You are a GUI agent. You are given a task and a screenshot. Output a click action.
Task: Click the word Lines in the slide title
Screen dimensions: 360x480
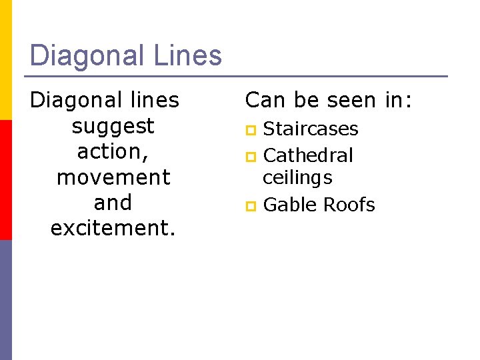point(188,55)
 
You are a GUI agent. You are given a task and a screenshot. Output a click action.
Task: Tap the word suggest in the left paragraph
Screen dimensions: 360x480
point(113,126)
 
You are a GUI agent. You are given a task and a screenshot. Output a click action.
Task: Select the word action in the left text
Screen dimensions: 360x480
point(111,152)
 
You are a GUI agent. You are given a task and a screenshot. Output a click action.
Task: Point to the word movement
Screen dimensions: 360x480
point(113,177)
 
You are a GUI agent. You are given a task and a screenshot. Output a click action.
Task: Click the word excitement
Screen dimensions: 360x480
point(112,228)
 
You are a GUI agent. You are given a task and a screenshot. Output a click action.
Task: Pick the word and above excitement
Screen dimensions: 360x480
point(113,203)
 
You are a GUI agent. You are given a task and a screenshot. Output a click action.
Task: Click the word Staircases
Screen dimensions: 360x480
point(311,129)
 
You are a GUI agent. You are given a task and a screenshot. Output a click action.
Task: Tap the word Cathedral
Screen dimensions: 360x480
point(308,155)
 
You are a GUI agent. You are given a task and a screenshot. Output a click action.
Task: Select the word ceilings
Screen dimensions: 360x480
point(297,178)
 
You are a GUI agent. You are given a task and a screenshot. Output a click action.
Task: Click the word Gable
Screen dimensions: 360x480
point(289,205)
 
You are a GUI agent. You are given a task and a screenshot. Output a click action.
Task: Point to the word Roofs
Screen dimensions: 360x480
point(348,205)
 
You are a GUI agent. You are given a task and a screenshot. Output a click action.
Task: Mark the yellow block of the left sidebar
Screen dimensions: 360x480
point(6,60)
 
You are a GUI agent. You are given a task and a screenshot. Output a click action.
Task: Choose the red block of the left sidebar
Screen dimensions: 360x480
point(6,180)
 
